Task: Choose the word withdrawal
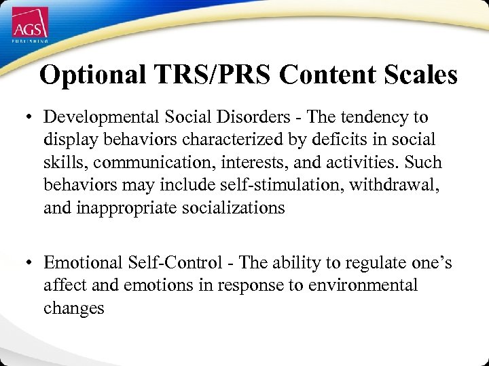coord(394,185)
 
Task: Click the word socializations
coord(234,208)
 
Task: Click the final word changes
coord(74,308)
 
